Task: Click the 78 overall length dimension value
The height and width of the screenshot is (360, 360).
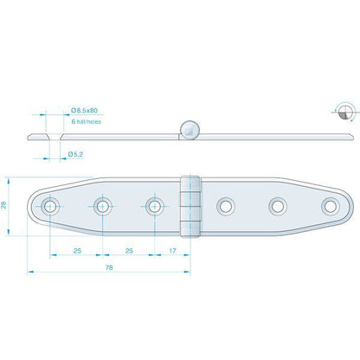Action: (x=109, y=267)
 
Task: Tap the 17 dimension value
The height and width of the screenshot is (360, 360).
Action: (x=172, y=251)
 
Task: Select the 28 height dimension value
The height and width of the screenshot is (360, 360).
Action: (x=4, y=205)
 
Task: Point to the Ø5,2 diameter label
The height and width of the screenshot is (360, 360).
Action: (x=75, y=154)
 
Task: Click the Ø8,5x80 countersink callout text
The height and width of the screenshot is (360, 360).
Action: (x=84, y=110)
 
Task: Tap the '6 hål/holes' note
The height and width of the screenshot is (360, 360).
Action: (x=87, y=122)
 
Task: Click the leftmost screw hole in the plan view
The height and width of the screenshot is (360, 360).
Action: (x=50, y=206)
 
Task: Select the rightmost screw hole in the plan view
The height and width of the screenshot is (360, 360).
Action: (x=331, y=206)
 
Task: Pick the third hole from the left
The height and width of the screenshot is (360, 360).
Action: (x=155, y=206)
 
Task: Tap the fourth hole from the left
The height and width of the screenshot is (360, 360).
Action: (x=226, y=206)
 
